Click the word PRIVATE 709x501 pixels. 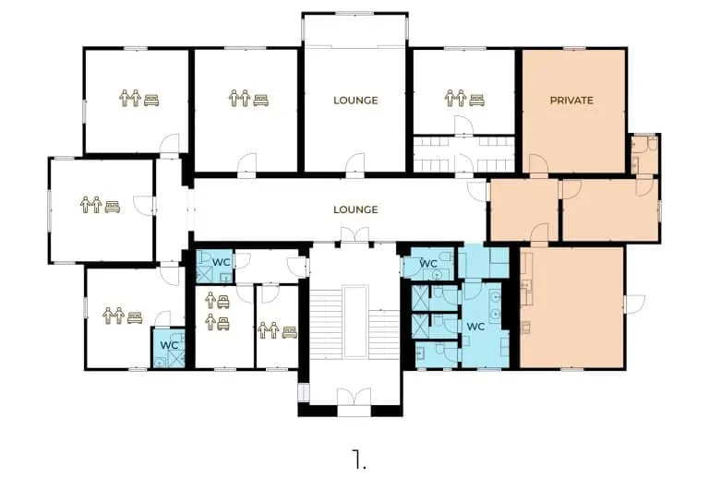point(571,100)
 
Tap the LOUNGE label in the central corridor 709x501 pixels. point(355,209)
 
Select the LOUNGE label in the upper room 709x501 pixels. point(355,100)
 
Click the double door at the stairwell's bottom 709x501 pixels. point(355,398)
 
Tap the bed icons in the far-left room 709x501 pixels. point(100,204)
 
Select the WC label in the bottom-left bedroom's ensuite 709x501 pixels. point(169,345)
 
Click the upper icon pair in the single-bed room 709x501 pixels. point(217,301)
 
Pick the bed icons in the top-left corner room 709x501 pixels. point(138,98)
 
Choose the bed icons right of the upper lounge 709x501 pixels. point(463,98)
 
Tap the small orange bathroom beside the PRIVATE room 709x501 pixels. point(643,154)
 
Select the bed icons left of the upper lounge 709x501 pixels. point(247,98)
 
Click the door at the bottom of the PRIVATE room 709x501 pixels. point(537,165)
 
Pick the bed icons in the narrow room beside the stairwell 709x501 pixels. point(277,329)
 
